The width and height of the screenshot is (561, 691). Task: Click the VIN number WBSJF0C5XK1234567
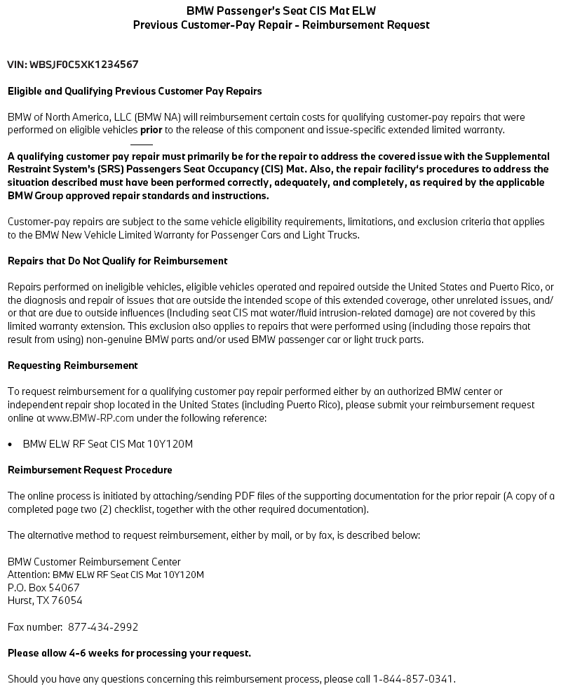(x=84, y=65)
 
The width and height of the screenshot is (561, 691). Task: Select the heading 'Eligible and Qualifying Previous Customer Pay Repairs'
(x=135, y=91)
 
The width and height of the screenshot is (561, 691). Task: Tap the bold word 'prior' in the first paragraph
(x=151, y=130)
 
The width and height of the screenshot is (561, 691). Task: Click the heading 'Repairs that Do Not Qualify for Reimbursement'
(x=118, y=261)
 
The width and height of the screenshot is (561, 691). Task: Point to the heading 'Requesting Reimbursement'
(x=73, y=365)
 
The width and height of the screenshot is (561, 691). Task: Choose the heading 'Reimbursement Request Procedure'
(x=90, y=470)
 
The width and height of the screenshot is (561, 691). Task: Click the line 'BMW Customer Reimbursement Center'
(x=94, y=562)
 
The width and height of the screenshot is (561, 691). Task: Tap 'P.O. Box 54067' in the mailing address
(x=43, y=587)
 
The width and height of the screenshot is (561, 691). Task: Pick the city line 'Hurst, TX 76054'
(x=45, y=601)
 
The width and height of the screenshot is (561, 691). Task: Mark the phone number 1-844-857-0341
(x=414, y=679)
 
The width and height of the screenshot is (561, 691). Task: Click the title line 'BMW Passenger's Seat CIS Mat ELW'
(x=280, y=11)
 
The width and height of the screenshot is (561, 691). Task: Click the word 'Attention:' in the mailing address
(x=29, y=575)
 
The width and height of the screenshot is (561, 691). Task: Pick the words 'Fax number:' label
(x=33, y=627)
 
